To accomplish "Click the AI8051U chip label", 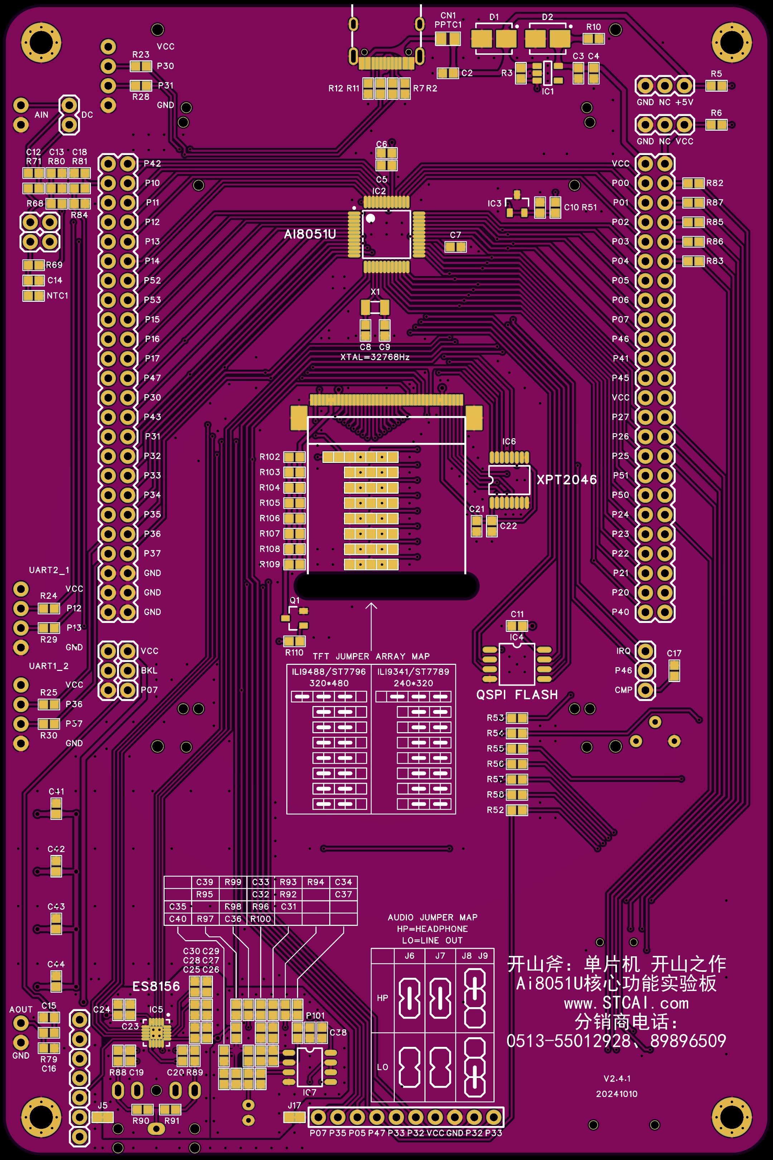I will coord(310,234).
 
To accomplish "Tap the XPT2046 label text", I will coord(567,479).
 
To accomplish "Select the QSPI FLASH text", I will coord(517,695).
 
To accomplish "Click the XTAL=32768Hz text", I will coord(375,357).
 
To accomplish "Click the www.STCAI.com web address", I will coord(626,1003).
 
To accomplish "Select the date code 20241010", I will coord(617,1093).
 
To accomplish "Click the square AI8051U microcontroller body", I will coord(386,234).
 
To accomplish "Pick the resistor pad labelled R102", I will coord(294,457).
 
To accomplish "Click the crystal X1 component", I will coord(375,307).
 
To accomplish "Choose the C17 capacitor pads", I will coord(674,671).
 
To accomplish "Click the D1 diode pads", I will coord(494,38).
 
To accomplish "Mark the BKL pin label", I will coord(149,670).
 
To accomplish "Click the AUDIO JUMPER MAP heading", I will coord(432,917).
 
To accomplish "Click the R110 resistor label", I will coord(294,652).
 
